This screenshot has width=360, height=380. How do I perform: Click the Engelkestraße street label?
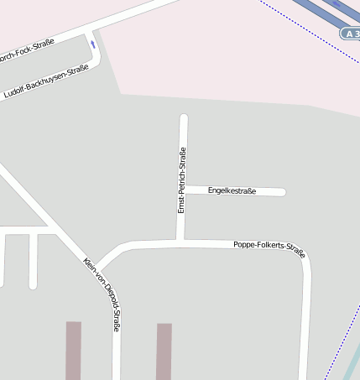(x=232, y=191)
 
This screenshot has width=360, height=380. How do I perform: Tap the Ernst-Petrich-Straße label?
(x=181, y=180)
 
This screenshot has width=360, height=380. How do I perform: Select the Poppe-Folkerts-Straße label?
(x=269, y=248)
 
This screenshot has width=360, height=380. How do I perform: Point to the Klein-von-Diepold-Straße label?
(x=102, y=294)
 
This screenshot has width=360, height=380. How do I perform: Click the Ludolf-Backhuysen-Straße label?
(x=46, y=82)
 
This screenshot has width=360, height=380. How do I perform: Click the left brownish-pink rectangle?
(x=74, y=350)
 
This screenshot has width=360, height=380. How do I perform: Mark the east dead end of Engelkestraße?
(x=283, y=192)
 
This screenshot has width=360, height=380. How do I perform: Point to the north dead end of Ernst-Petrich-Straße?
(x=184, y=117)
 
